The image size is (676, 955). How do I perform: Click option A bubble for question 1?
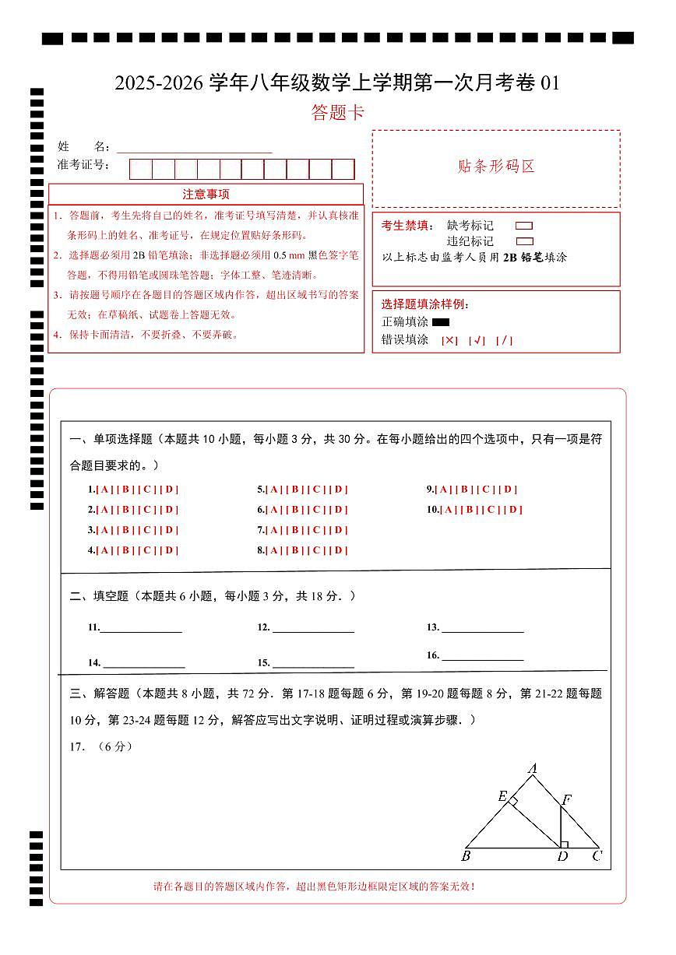click(x=104, y=490)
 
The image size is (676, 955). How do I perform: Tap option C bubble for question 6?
click(x=317, y=510)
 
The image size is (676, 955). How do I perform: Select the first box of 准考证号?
click(x=141, y=169)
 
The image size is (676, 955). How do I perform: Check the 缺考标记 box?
click(x=525, y=226)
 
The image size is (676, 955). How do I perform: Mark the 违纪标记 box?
click(x=525, y=241)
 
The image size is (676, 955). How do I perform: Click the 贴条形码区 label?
click(x=496, y=167)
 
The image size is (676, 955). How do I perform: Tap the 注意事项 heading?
click(x=206, y=195)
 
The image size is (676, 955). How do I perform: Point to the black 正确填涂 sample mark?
click(x=441, y=322)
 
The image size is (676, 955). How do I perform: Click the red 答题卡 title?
click(x=337, y=113)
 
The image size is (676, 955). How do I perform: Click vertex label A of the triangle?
click(x=533, y=769)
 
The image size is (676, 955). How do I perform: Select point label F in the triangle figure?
click(x=566, y=799)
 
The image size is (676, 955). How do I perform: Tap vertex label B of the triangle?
click(x=465, y=857)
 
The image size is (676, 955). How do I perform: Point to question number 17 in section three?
click(x=77, y=746)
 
